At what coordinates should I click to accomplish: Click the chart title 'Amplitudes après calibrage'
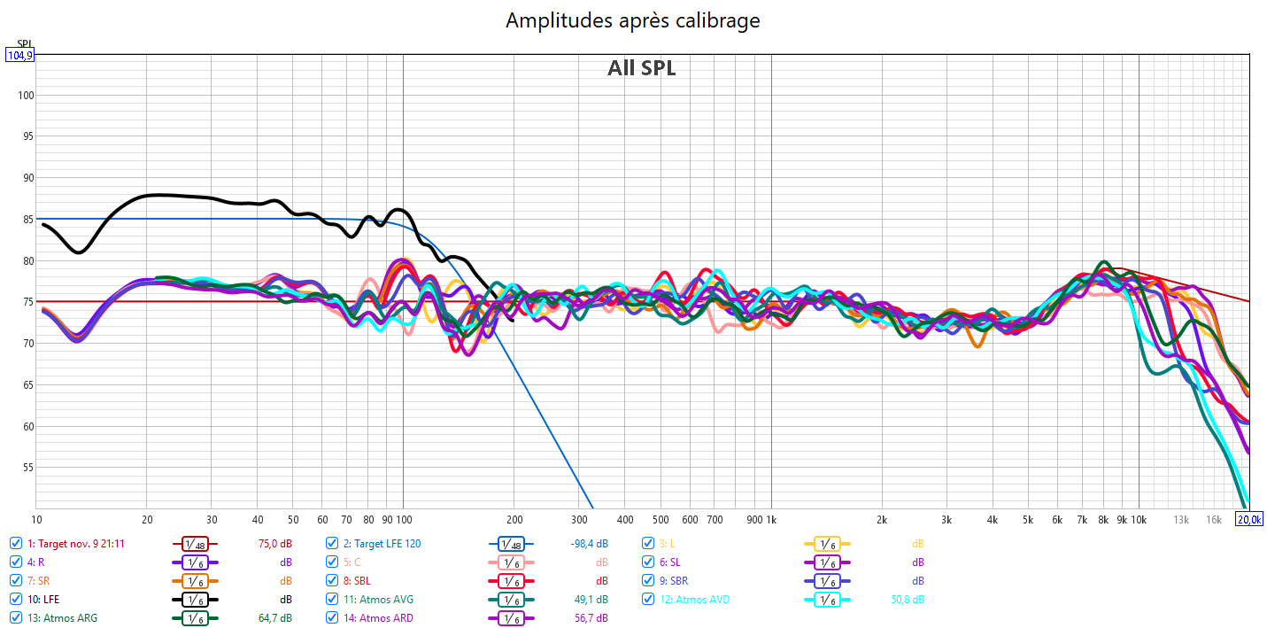pos(632,19)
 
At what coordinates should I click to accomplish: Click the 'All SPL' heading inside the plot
pos(641,68)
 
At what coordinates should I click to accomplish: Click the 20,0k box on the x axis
pos(1249,519)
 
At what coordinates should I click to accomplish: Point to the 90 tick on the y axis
pos(25,178)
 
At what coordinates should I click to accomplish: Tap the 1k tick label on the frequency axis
pos(770,519)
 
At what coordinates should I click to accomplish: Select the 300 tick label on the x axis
pos(581,519)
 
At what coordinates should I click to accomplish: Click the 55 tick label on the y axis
pos(25,468)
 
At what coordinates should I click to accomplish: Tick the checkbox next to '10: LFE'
pos(16,600)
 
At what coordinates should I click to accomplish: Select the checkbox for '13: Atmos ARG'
pos(16,618)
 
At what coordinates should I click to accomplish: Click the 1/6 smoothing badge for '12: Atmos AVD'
pos(827,600)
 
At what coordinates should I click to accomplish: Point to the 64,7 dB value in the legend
pos(273,618)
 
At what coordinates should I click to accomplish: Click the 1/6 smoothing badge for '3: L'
pos(827,544)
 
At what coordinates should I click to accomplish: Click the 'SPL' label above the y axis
pos(24,43)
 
